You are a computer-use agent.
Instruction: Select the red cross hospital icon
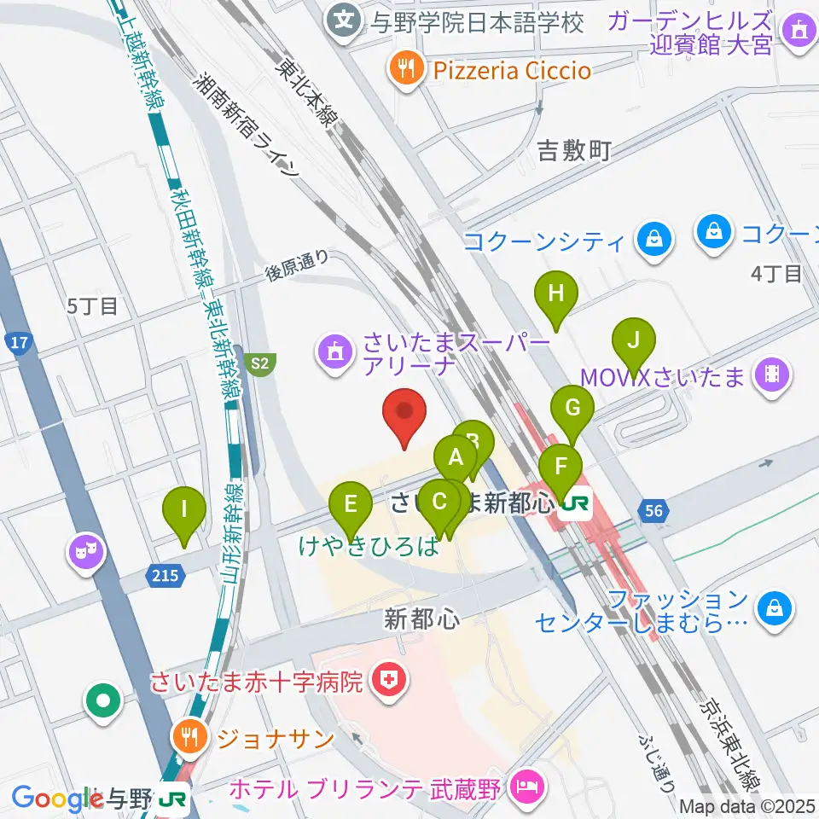coord(389,681)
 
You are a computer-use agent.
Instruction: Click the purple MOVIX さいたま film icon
coord(773,375)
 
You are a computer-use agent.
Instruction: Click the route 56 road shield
coord(653,511)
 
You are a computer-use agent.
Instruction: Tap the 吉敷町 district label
coord(574,152)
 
